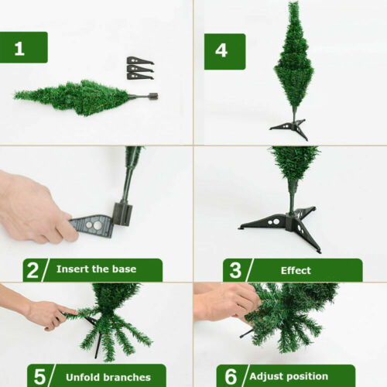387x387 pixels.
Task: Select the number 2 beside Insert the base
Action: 33,269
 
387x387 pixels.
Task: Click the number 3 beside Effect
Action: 234,270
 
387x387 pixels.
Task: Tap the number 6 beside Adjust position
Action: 230,376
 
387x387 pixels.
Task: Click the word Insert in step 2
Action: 72,269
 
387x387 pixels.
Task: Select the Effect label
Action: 296,270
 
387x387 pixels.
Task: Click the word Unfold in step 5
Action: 79,376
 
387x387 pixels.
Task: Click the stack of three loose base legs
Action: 139,68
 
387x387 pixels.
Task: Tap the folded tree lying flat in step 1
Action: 77,96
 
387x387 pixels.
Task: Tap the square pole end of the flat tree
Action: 152,97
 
